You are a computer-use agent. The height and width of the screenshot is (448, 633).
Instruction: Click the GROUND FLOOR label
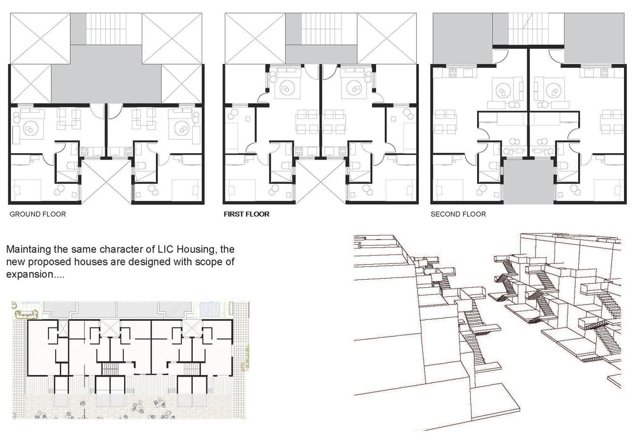click(x=38, y=214)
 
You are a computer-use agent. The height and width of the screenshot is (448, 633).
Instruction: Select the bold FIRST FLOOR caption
click(x=247, y=214)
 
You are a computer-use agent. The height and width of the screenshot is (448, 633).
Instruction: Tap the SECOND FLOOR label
click(x=458, y=214)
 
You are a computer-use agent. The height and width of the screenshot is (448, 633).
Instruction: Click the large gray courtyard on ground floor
click(x=106, y=74)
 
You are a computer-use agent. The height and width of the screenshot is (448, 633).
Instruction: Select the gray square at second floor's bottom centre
click(x=529, y=181)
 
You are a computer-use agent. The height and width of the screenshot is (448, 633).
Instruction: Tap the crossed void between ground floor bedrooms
click(x=106, y=181)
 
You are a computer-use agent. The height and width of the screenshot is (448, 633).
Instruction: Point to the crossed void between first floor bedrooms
click(x=320, y=181)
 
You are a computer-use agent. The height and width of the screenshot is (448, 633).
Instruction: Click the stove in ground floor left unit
click(x=85, y=151)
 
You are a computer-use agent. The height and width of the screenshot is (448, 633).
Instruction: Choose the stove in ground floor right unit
click(x=128, y=151)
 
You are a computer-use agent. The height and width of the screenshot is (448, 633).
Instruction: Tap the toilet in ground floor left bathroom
click(x=72, y=165)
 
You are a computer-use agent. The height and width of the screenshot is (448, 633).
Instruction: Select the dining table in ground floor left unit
click(x=68, y=119)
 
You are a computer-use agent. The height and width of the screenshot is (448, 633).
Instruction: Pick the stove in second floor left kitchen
click(x=453, y=73)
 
